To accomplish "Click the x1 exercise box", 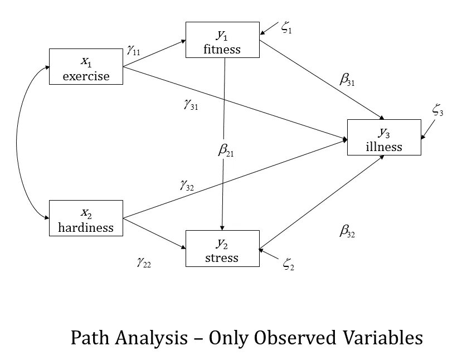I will point(86,67).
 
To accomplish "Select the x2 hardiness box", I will point(86,218).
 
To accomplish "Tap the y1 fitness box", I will point(222,40).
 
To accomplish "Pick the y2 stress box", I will point(222,249).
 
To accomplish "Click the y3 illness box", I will point(383,137).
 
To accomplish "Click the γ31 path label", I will point(191,104).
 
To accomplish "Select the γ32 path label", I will point(187,186).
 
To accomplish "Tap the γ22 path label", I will point(143,262).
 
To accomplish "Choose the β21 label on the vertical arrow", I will point(226,151).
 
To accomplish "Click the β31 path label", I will point(347,79).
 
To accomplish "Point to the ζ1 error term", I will point(286,29).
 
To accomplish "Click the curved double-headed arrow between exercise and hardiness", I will point(18,142).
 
